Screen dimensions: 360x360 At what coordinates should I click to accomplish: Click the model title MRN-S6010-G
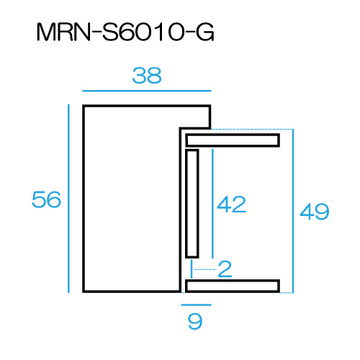coord(125,32)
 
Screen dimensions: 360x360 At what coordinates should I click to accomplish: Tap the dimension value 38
coord(147,76)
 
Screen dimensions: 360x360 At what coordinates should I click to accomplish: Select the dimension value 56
coord(46,199)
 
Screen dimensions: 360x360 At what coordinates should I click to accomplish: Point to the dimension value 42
coord(231,204)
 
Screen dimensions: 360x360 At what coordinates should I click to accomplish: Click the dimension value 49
coord(315,211)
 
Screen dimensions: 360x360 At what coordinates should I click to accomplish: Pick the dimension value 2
coord(225,269)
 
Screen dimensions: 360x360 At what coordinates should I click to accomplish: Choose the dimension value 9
coord(195,321)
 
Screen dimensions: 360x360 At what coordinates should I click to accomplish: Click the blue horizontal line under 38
coord(147,91)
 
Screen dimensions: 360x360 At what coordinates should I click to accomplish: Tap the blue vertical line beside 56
coord(68,199)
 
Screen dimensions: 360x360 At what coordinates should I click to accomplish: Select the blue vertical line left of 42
coord(212,204)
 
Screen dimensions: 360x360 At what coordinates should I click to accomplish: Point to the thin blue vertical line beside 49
coord(293,211)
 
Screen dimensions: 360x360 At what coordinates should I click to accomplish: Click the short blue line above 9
coord(196,305)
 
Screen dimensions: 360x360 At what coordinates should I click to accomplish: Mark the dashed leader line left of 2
coord(205,269)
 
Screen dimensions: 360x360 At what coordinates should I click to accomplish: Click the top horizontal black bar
coord(233,140)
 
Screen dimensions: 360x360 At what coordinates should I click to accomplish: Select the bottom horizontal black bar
coord(233,286)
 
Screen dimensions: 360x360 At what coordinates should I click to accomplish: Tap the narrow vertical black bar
coord(192,204)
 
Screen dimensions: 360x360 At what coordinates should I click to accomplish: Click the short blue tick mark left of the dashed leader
coord(192,269)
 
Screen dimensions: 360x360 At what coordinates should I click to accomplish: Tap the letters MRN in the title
coord(63,32)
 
